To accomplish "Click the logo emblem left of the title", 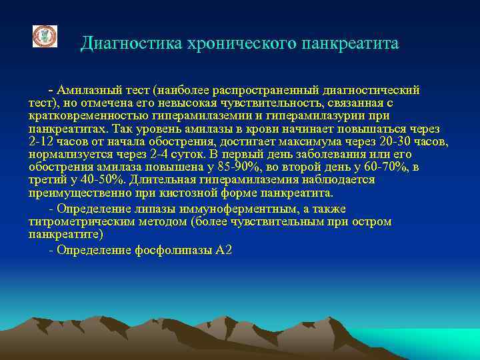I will [45, 37].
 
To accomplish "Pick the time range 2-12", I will [41, 142].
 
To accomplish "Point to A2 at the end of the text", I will [223, 251].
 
